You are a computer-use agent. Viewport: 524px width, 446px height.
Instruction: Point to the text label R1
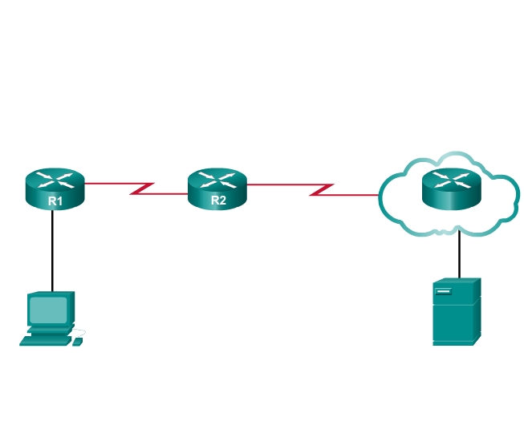point(55,201)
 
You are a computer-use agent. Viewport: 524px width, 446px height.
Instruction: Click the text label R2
point(218,200)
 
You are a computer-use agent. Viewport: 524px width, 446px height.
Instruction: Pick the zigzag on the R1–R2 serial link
point(142,189)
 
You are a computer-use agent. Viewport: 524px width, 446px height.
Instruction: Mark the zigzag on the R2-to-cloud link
point(322,189)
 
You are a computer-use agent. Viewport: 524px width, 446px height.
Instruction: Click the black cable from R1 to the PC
point(53,249)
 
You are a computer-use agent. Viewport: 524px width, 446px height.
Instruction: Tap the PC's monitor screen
point(49,309)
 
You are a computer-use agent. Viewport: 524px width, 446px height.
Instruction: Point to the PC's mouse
point(77,342)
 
